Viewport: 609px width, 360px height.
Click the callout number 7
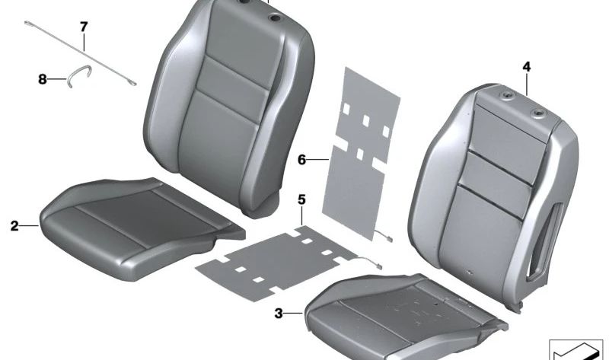point(84,27)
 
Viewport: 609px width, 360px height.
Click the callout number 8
point(43,80)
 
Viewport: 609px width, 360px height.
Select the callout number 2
point(14,225)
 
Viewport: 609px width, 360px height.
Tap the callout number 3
point(279,313)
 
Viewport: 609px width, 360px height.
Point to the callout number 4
point(526,67)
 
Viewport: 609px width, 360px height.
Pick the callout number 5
point(301,199)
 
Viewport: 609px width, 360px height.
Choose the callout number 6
point(301,159)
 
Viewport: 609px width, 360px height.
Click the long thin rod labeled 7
point(81,53)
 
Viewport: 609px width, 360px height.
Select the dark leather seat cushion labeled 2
point(140,227)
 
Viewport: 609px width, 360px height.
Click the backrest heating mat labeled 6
point(359,154)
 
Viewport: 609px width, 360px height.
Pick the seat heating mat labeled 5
point(276,262)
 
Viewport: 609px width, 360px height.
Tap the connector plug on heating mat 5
point(378,266)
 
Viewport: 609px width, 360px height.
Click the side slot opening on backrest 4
point(544,243)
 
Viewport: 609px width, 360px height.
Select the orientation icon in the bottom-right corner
point(576,349)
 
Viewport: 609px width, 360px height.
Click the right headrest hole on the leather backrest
point(276,18)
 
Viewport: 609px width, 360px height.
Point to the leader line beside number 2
point(29,225)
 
